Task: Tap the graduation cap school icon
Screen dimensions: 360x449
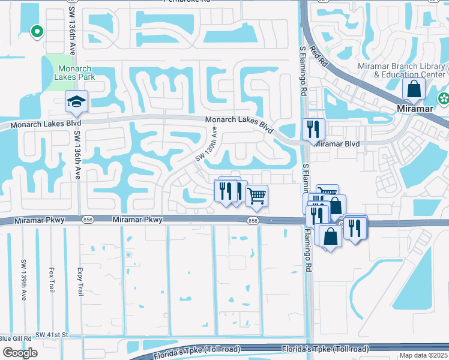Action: click(x=76, y=101)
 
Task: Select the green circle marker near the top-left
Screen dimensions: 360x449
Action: click(x=37, y=31)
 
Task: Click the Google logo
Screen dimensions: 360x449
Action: click(x=19, y=353)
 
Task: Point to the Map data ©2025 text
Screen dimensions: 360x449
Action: click(x=423, y=355)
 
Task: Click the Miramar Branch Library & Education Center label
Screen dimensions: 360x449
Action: click(x=409, y=70)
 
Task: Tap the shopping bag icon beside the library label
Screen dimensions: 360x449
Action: click(x=414, y=89)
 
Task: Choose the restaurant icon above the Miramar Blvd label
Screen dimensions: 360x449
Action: click(x=313, y=129)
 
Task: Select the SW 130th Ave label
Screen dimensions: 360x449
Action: click(x=206, y=147)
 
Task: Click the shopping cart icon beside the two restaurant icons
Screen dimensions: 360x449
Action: click(x=256, y=195)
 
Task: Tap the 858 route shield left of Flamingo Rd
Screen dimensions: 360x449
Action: click(x=253, y=221)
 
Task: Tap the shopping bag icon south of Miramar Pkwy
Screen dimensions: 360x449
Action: click(x=330, y=236)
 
